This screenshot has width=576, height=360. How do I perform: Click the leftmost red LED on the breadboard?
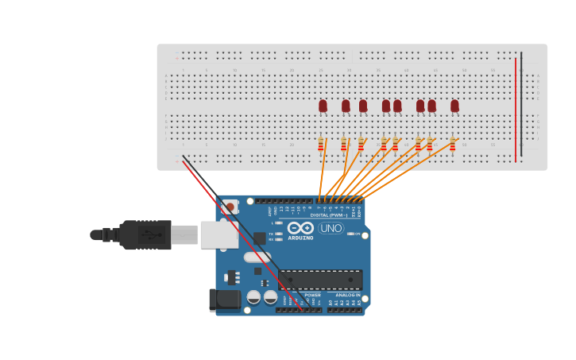323,106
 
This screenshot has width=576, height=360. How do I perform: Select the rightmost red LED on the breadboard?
454,106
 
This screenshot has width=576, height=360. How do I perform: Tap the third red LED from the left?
363,106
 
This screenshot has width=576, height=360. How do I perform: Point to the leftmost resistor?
321,144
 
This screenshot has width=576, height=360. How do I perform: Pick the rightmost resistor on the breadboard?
453,144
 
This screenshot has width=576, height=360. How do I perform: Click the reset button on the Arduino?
230,207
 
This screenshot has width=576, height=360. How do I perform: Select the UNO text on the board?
331,228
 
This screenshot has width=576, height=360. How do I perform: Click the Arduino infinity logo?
301,228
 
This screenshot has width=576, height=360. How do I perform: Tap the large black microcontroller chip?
320,279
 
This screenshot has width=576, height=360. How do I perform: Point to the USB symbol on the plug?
149,235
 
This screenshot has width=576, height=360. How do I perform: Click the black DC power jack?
224,300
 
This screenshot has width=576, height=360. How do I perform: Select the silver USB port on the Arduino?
218,234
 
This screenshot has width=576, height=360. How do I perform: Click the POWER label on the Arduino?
313,295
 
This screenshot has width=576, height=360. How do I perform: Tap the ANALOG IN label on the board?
347,295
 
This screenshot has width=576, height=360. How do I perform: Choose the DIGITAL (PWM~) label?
331,215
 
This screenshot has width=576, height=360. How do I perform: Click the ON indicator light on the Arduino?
350,234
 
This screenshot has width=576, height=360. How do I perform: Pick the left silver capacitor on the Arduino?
253,297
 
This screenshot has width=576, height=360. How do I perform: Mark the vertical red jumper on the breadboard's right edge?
516,107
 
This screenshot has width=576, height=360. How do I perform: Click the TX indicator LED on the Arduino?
279,231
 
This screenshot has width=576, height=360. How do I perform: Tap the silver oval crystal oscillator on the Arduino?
257,257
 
